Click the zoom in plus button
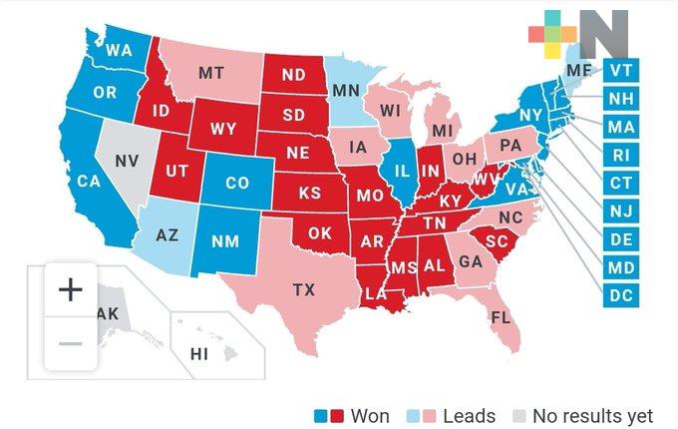tap(70, 290)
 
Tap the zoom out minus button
tap(70, 344)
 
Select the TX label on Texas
tap(303, 290)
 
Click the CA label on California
tap(89, 182)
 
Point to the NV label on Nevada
tap(127, 161)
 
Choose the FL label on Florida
tap(500, 319)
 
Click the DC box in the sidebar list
tap(620, 296)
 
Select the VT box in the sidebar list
tap(620, 70)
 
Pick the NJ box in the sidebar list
tap(620, 212)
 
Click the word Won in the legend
tap(370, 415)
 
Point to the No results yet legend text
tap(592, 415)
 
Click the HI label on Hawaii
tap(199, 354)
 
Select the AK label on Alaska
tap(107, 313)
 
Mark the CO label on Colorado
tap(236, 184)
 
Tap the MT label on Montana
tap(210, 73)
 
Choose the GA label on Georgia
tap(471, 261)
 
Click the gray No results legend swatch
tap(518, 415)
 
